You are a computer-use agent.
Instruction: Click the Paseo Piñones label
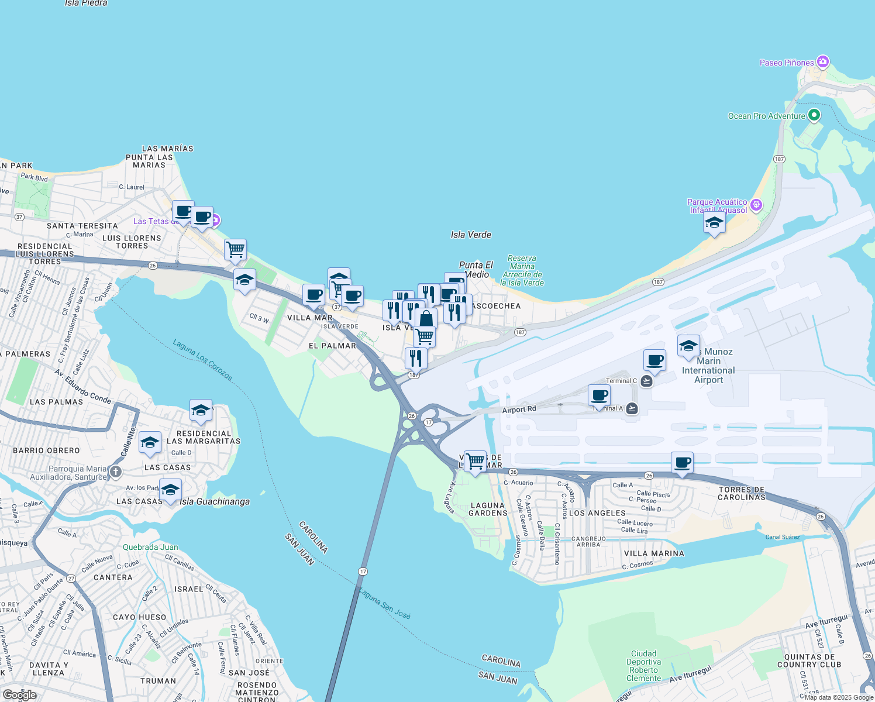[x=787, y=63]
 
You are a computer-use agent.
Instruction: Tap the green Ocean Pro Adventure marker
[x=814, y=115]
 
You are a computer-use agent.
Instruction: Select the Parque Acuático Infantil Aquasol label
[x=718, y=206]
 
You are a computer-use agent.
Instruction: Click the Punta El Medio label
[x=476, y=270]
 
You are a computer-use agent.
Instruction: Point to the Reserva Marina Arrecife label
[x=522, y=270]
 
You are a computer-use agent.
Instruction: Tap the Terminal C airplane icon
[x=646, y=381]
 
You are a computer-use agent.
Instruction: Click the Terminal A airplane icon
[x=632, y=408]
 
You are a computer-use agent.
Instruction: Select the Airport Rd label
[x=519, y=409]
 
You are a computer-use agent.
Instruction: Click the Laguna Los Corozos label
[x=203, y=360]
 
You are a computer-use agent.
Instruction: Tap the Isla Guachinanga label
[x=215, y=501]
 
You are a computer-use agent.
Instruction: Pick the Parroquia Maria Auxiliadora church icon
[x=116, y=472]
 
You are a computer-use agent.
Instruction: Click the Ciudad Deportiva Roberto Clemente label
[x=643, y=666]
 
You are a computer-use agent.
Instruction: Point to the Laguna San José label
[x=384, y=604]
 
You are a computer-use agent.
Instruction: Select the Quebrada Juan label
[x=150, y=547]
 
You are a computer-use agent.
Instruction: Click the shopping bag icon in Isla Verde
[x=426, y=319]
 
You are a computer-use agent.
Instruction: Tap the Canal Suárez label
[x=783, y=537]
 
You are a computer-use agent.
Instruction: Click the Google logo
[x=20, y=695]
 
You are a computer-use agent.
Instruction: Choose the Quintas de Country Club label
[x=809, y=661]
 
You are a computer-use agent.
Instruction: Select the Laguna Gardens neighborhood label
[x=488, y=509]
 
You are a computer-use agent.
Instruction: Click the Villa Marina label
[x=654, y=553]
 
